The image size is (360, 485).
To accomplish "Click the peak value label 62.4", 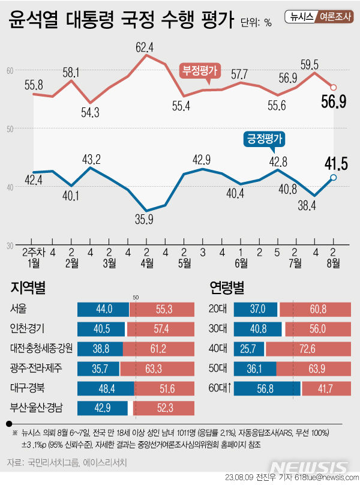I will point(145,47).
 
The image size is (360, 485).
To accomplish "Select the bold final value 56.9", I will point(334,102).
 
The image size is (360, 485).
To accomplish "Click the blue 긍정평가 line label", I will point(263,139).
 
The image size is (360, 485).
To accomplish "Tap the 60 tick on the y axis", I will point(10,71).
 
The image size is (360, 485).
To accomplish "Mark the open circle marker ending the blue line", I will point(334,177).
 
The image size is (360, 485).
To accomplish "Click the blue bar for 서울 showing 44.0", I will point(103,310).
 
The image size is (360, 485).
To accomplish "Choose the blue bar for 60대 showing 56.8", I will point(267,388).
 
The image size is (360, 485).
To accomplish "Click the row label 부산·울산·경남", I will point(38,409).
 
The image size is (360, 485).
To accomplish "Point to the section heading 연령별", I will point(226,288).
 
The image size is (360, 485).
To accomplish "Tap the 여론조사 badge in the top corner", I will point(336,17).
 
